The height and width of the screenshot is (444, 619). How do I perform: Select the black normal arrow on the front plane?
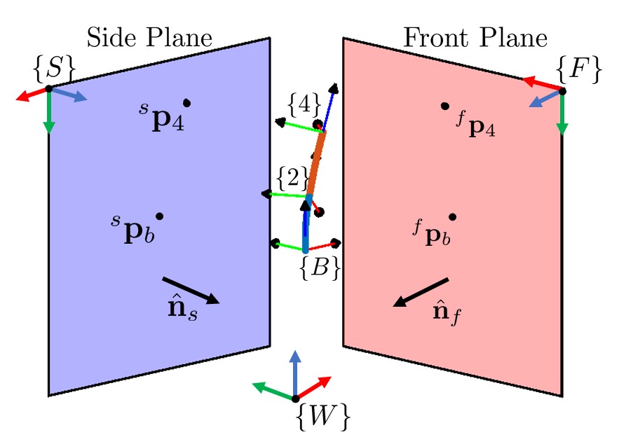pos(421,292)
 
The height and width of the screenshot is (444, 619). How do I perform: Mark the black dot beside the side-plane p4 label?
pos(186,103)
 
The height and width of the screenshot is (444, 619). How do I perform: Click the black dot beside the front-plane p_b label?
pos(453,216)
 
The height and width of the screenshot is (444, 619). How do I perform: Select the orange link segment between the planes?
pos(314,165)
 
